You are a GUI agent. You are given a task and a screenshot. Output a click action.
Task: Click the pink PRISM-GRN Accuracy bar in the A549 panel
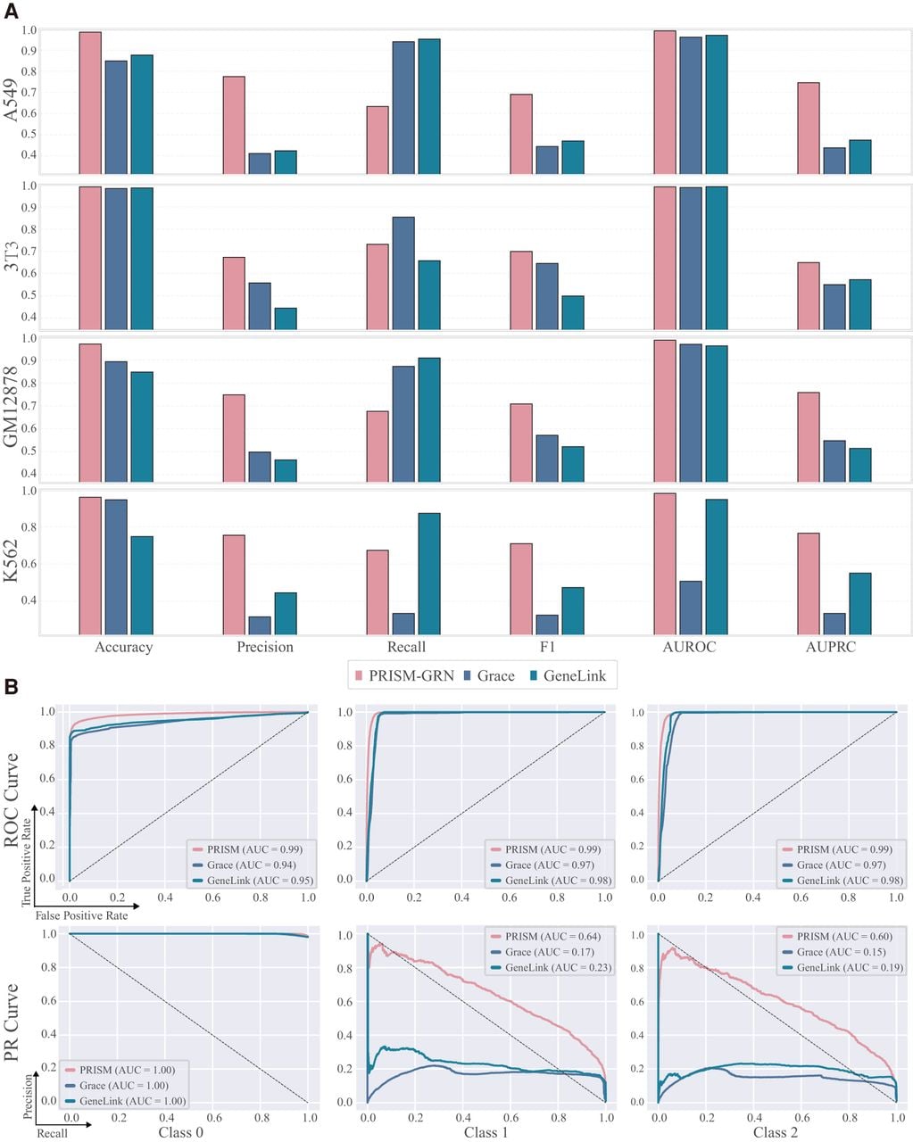(x=90, y=103)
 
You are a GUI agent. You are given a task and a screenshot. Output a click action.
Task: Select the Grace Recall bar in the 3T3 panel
(x=403, y=273)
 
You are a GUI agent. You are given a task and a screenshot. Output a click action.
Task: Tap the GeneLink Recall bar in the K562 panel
(x=429, y=574)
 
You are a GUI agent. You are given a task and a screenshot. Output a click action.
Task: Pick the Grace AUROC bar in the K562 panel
(x=691, y=608)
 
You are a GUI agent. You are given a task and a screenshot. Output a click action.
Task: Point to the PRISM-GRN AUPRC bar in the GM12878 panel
(x=809, y=437)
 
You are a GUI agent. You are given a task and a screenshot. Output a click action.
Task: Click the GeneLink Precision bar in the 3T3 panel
(x=286, y=319)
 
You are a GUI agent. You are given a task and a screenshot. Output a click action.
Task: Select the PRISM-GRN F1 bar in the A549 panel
(x=521, y=134)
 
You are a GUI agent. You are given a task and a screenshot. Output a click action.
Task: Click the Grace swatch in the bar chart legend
(x=468, y=675)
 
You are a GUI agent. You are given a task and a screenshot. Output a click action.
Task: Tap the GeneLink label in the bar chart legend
(x=575, y=675)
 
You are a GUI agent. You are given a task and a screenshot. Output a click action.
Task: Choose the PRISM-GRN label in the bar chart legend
(x=411, y=675)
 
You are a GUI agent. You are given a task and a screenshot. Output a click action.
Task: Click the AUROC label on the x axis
(x=689, y=647)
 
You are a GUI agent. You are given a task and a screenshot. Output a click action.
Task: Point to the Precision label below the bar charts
(x=265, y=647)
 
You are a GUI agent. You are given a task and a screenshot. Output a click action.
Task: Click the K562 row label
(x=11, y=560)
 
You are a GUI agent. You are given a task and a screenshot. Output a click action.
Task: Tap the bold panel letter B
(x=11, y=687)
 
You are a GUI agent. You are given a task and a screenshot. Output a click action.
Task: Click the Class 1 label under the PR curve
(x=486, y=1132)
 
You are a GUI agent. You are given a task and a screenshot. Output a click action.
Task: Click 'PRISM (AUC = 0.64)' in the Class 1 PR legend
(x=552, y=937)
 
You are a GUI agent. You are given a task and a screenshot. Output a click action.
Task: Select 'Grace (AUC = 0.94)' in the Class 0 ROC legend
(x=251, y=865)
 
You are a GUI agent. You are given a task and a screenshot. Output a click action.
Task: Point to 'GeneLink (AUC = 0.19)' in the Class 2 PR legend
(x=850, y=967)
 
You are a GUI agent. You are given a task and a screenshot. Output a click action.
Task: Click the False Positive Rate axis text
(x=82, y=915)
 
